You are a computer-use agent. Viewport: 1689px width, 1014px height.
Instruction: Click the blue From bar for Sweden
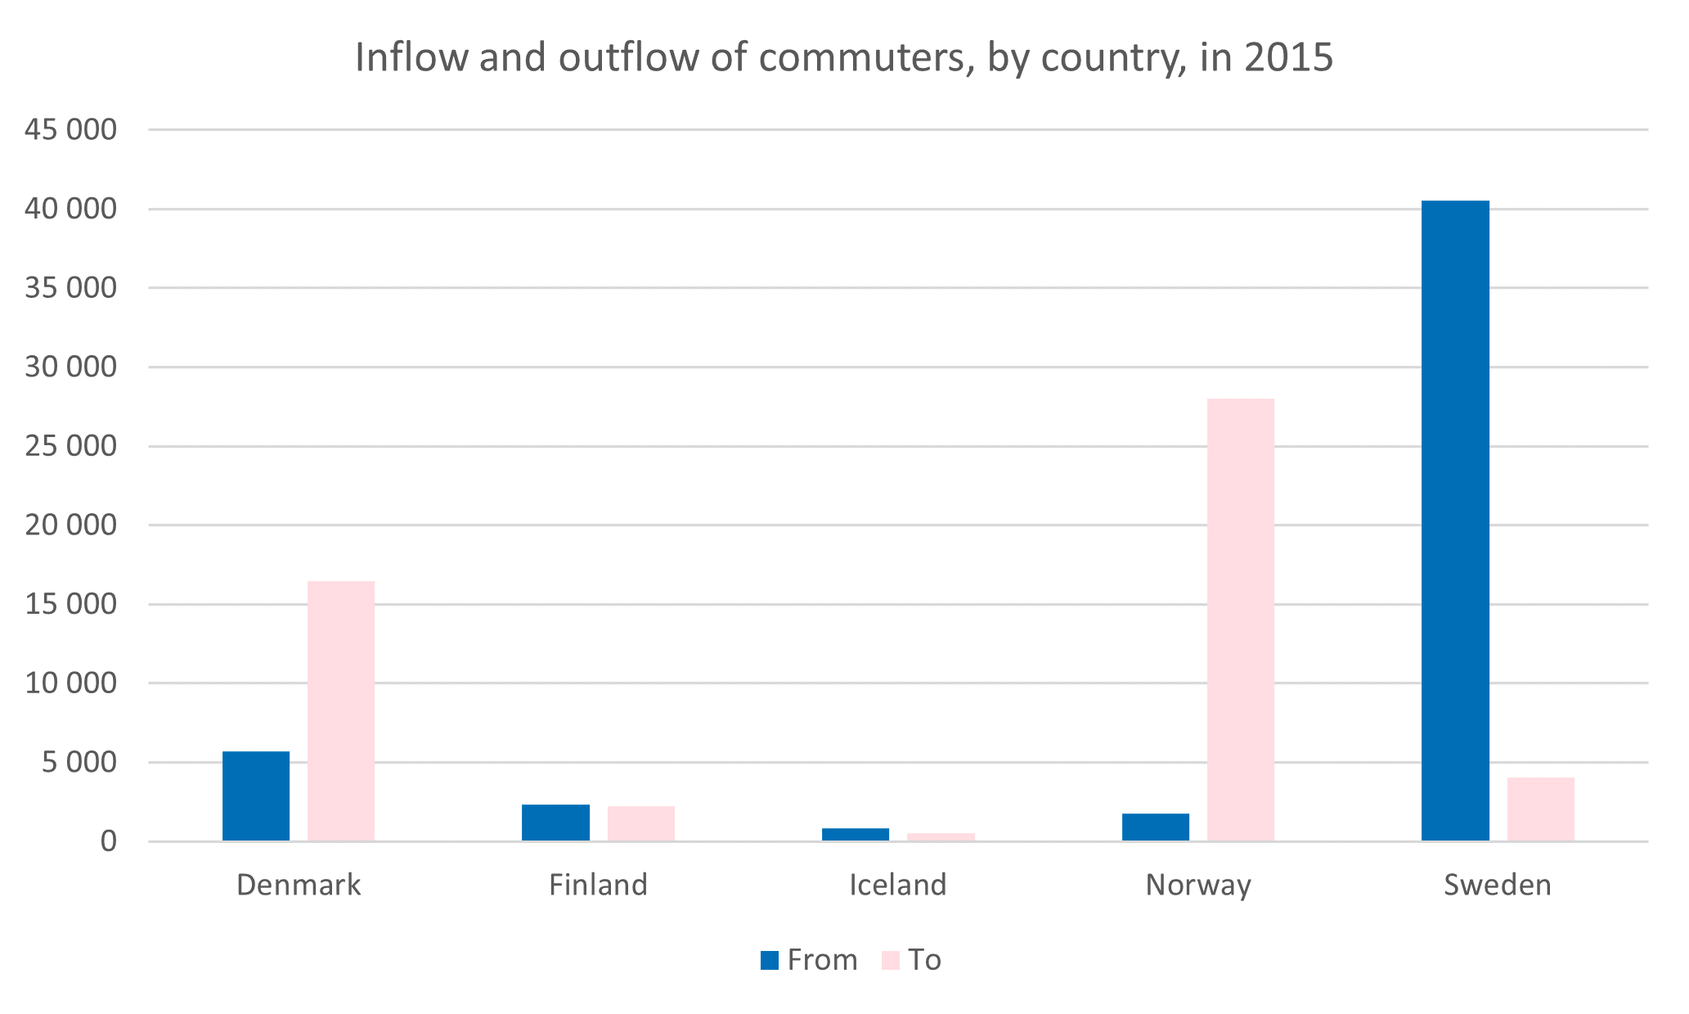click(x=1455, y=521)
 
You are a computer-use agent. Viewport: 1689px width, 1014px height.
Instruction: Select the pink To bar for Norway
click(x=1240, y=620)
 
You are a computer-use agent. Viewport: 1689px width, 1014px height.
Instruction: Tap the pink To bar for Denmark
click(x=340, y=710)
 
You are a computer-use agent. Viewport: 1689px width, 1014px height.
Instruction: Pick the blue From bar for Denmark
click(x=256, y=795)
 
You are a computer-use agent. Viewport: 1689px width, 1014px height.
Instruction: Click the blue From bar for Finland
click(x=555, y=822)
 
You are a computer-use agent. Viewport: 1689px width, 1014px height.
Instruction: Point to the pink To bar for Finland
click(x=640, y=823)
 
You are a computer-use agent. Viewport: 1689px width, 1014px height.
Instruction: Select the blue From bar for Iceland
click(x=856, y=834)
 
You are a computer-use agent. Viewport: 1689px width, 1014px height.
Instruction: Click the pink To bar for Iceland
click(x=941, y=836)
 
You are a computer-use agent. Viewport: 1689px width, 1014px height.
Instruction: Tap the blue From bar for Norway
click(x=1155, y=827)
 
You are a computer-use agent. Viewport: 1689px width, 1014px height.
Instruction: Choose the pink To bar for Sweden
click(x=1540, y=809)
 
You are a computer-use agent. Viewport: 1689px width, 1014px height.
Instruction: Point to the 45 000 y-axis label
click(x=70, y=129)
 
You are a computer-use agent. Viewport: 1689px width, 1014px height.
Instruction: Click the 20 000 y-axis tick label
click(x=70, y=525)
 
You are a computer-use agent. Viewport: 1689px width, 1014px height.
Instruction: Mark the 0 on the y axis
click(x=109, y=841)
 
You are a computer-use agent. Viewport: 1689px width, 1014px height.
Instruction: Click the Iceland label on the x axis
click(x=897, y=885)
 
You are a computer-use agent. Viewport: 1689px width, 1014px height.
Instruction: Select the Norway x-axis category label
click(x=1197, y=885)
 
